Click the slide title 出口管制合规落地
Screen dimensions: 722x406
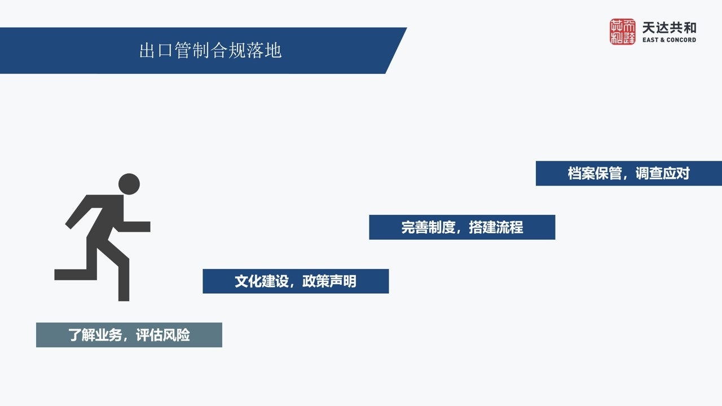tap(210, 51)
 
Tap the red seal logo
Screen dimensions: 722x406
tap(622, 32)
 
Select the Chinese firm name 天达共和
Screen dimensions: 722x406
tap(669, 28)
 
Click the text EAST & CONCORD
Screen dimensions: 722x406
tap(669, 40)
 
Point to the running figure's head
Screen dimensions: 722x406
tap(129, 184)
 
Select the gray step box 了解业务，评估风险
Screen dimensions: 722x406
tap(129, 335)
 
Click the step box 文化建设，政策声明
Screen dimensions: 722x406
tap(296, 281)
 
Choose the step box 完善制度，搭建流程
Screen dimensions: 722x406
tap(462, 227)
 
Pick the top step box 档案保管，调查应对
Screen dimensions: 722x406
tap(628, 173)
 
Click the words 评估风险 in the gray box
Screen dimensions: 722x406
tap(163, 335)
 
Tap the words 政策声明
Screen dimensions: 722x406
tap(329, 281)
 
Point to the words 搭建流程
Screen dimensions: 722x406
tap(496, 227)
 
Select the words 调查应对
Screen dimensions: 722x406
tap(662, 173)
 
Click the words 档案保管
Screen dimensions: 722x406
tap(595, 173)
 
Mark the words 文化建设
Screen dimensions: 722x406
tap(262, 281)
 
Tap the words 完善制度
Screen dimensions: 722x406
tap(428, 227)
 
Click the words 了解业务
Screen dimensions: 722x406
tap(95, 335)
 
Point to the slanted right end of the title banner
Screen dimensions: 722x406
tap(396, 51)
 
